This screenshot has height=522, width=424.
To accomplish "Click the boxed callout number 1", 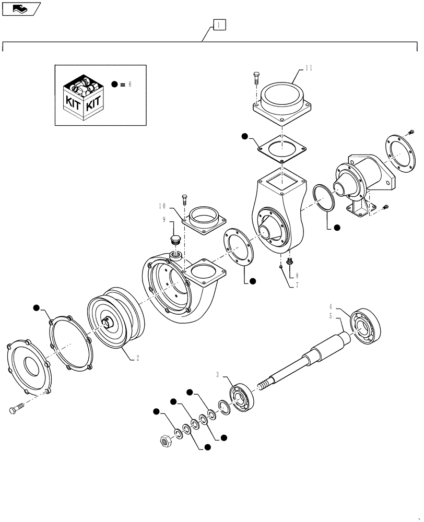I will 219,25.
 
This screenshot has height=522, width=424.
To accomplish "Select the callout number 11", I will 309,68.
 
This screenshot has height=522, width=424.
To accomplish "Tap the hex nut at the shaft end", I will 166,442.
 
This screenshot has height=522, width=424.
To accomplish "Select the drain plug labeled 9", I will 175,242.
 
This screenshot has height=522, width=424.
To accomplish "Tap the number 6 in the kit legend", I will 130,84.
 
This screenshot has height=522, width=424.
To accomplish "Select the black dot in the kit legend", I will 115,84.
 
